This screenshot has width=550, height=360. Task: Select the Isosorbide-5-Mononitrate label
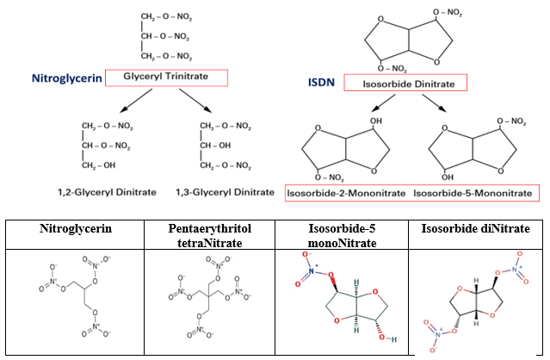473,193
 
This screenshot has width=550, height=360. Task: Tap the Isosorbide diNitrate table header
478,229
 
